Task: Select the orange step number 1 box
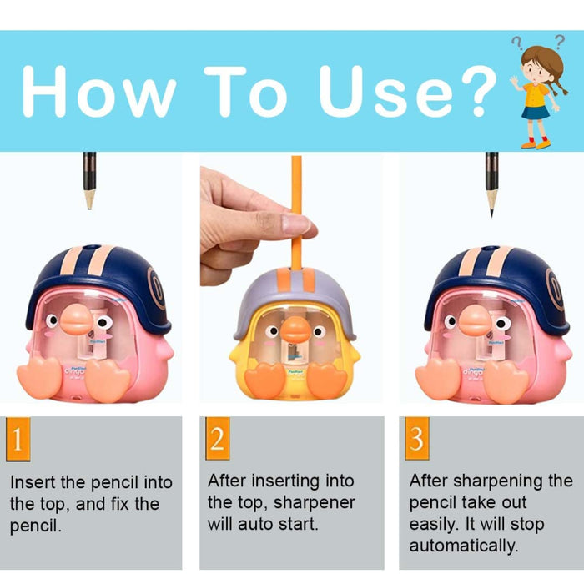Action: coord(18,439)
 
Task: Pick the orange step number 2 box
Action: coord(217,439)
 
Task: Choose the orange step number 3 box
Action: coord(415,439)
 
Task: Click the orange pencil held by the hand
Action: coord(295,209)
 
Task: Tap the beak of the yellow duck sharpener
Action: coord(295,330)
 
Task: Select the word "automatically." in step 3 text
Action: coord(463,546)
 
